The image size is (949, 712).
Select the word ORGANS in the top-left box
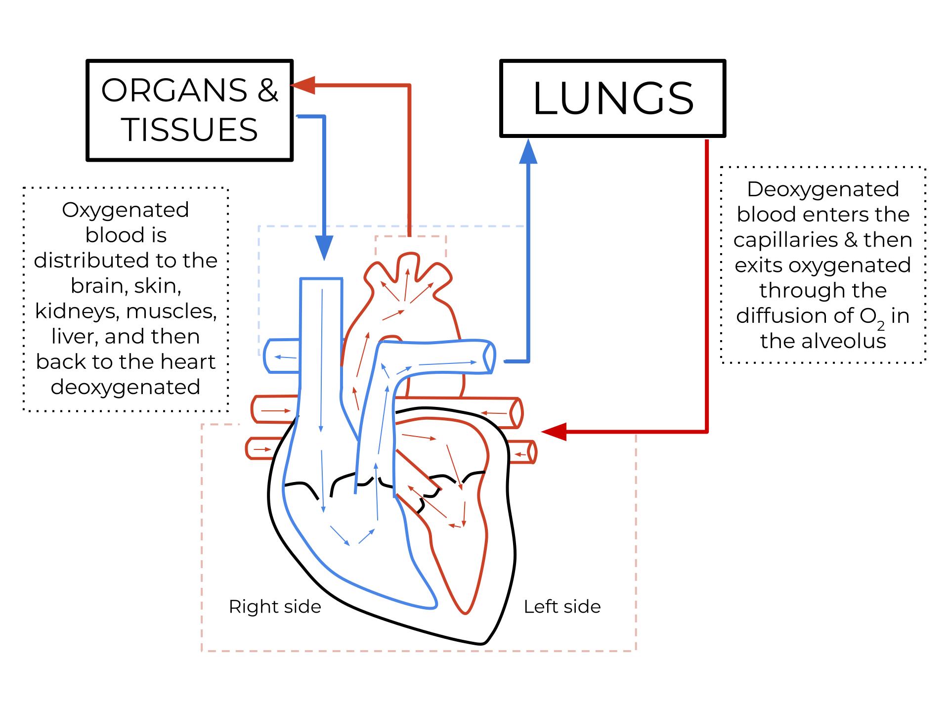174,90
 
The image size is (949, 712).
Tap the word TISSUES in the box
189,130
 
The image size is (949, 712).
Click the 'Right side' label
275,607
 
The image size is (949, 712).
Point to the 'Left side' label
562,607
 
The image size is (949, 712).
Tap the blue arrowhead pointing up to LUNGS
528,151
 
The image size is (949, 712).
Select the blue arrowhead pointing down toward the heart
324,247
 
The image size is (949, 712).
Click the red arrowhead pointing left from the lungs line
554,432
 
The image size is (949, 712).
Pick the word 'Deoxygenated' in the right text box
822,189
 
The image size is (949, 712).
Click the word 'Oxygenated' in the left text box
126,210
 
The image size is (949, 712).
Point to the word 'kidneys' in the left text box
77,311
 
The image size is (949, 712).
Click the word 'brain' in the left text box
95,286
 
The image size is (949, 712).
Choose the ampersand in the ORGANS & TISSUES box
268,90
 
